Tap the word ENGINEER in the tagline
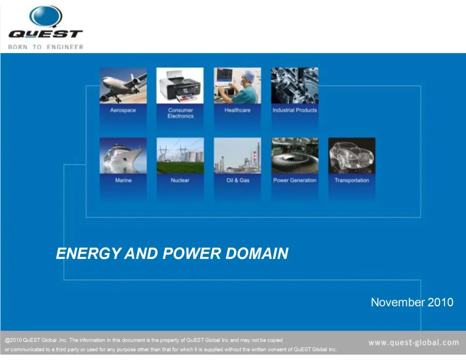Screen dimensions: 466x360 65,47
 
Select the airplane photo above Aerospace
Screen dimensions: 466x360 123,86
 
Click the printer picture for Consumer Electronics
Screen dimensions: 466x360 180,86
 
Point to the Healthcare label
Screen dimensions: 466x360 238,110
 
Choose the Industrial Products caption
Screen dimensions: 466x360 294,110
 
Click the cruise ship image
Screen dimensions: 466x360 123,156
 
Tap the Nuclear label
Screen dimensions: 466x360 180,180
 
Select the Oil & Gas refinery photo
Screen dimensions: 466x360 238,156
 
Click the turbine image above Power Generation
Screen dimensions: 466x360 295,156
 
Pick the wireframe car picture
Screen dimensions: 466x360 352,156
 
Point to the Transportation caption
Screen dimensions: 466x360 352,180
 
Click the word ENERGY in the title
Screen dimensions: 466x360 89,254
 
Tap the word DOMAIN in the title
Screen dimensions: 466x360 257,254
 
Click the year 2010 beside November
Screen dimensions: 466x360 441,302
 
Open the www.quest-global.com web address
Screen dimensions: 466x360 414,342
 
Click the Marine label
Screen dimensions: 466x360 123,180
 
